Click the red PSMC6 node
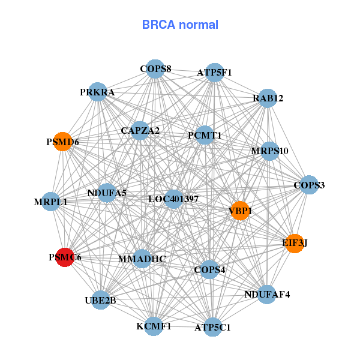click(x=65, y=257)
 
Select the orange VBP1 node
click(x=239, y=211)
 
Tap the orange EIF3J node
click(x=294, y=243)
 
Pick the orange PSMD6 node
click(x=63, y=142)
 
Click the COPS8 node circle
click(x=155, y=68)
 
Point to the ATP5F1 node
click(x=214, y=72)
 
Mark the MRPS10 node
click(x=269, y=151)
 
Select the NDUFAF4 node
click(x=267, y=294)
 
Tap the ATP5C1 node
click(x=212, y=327)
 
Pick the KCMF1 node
click(x=154, y=326)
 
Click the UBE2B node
click(x=101, y=299)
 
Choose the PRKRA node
click(x=97, y=92)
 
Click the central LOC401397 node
click(x=173, y=199)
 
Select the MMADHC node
click(x=142, y=259)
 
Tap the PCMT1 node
click(x=205, y=135)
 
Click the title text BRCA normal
click(x=180, y=25)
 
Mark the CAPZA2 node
click(x=140, y=130)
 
